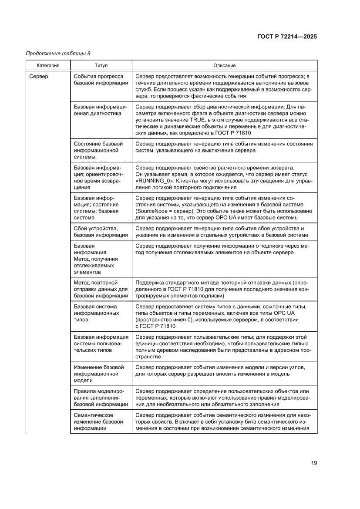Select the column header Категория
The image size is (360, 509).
48,65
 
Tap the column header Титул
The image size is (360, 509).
101,65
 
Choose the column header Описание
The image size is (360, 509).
225,65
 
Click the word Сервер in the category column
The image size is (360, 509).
39,77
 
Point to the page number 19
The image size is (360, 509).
314,463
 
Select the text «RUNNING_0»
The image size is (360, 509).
155,181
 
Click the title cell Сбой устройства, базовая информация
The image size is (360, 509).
101,232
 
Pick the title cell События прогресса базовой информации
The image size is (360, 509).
101,80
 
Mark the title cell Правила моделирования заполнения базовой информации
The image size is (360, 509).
101,398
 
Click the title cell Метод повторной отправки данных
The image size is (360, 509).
101,289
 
